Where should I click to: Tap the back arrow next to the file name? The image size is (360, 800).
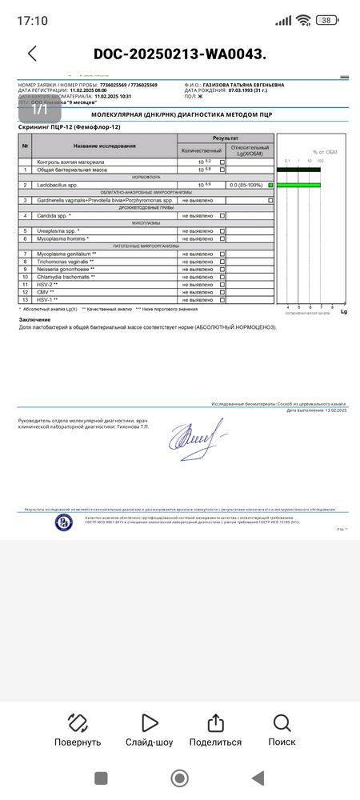(x=32, y=54)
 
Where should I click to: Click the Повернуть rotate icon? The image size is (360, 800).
(x=78, y=723)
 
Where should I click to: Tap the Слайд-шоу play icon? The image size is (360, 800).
(x=149, y=723)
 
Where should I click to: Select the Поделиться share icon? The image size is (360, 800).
(x=215, y=723)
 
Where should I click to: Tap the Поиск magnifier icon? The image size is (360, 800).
(x=282, y=723)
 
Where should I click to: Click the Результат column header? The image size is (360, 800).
(x=225, y=138)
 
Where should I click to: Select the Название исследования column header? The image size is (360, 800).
(x=105, y=146)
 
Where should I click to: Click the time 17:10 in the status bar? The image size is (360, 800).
(x=32, y=20)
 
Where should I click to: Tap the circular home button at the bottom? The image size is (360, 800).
(x=180, y=778)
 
